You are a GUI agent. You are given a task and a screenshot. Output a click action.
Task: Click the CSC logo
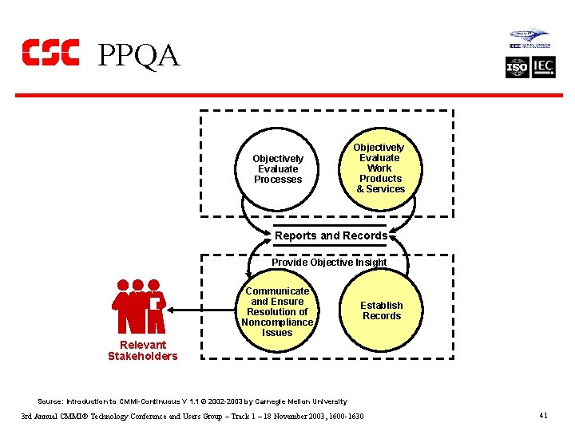pyautogui.click(x=50, y=52)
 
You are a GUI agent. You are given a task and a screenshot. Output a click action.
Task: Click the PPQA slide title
pyautogui.click(x=138, y=55)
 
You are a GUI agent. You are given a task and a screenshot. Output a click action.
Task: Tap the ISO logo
pyautogui.click(x=517, y=68)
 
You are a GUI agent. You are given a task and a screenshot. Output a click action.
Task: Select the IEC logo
pyautogui.click(x=543, y=68)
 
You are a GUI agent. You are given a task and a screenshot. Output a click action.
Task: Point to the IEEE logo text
pyautogui.click(x=515, y=46)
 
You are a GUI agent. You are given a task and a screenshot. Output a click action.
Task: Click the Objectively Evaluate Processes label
pyautogui.click(x=278, y=169)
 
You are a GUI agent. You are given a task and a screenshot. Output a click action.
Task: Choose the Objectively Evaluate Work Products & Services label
pyautogui.click(x=380, y=168)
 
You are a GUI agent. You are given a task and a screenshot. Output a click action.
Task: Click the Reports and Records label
pyautogui.click(x=331, y=235)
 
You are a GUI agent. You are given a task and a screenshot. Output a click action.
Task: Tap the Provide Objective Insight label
pyautogui.click(x=329, y=263)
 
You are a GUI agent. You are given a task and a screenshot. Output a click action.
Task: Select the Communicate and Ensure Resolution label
pyautogui.click(x=277, y=311)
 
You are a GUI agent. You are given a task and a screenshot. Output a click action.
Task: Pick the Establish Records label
pyautogui.click(x=382, y=310)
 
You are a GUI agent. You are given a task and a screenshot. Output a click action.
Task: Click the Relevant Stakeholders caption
pyautogui.click(x=142, y=350)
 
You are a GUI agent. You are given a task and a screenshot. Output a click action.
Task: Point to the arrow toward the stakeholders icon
pyautogui.click(x=204, y=310)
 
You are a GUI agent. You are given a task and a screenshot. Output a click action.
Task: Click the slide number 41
pyautogui.click(x=543, y=415)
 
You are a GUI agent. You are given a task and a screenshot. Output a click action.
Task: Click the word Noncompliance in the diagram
pyautogui.click(x=277, y=322)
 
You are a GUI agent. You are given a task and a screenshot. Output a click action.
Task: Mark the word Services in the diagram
pyautogui.click(x=386, y=189)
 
